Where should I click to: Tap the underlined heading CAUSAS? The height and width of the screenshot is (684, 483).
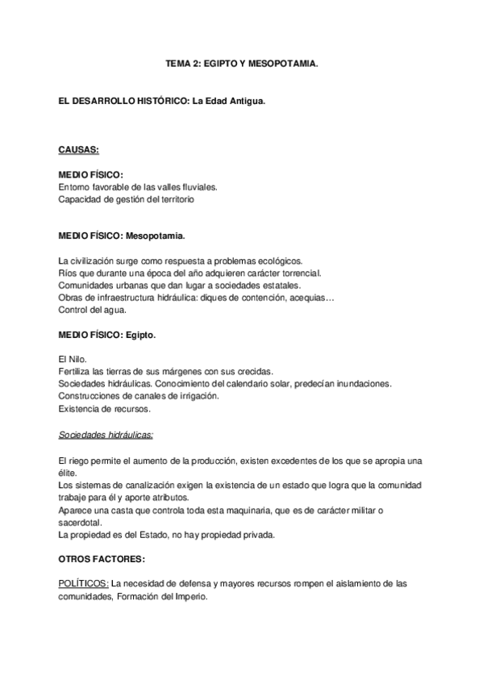[x=79, y=149]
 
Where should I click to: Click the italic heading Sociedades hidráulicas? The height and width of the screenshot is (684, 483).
[x=106, y=434]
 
